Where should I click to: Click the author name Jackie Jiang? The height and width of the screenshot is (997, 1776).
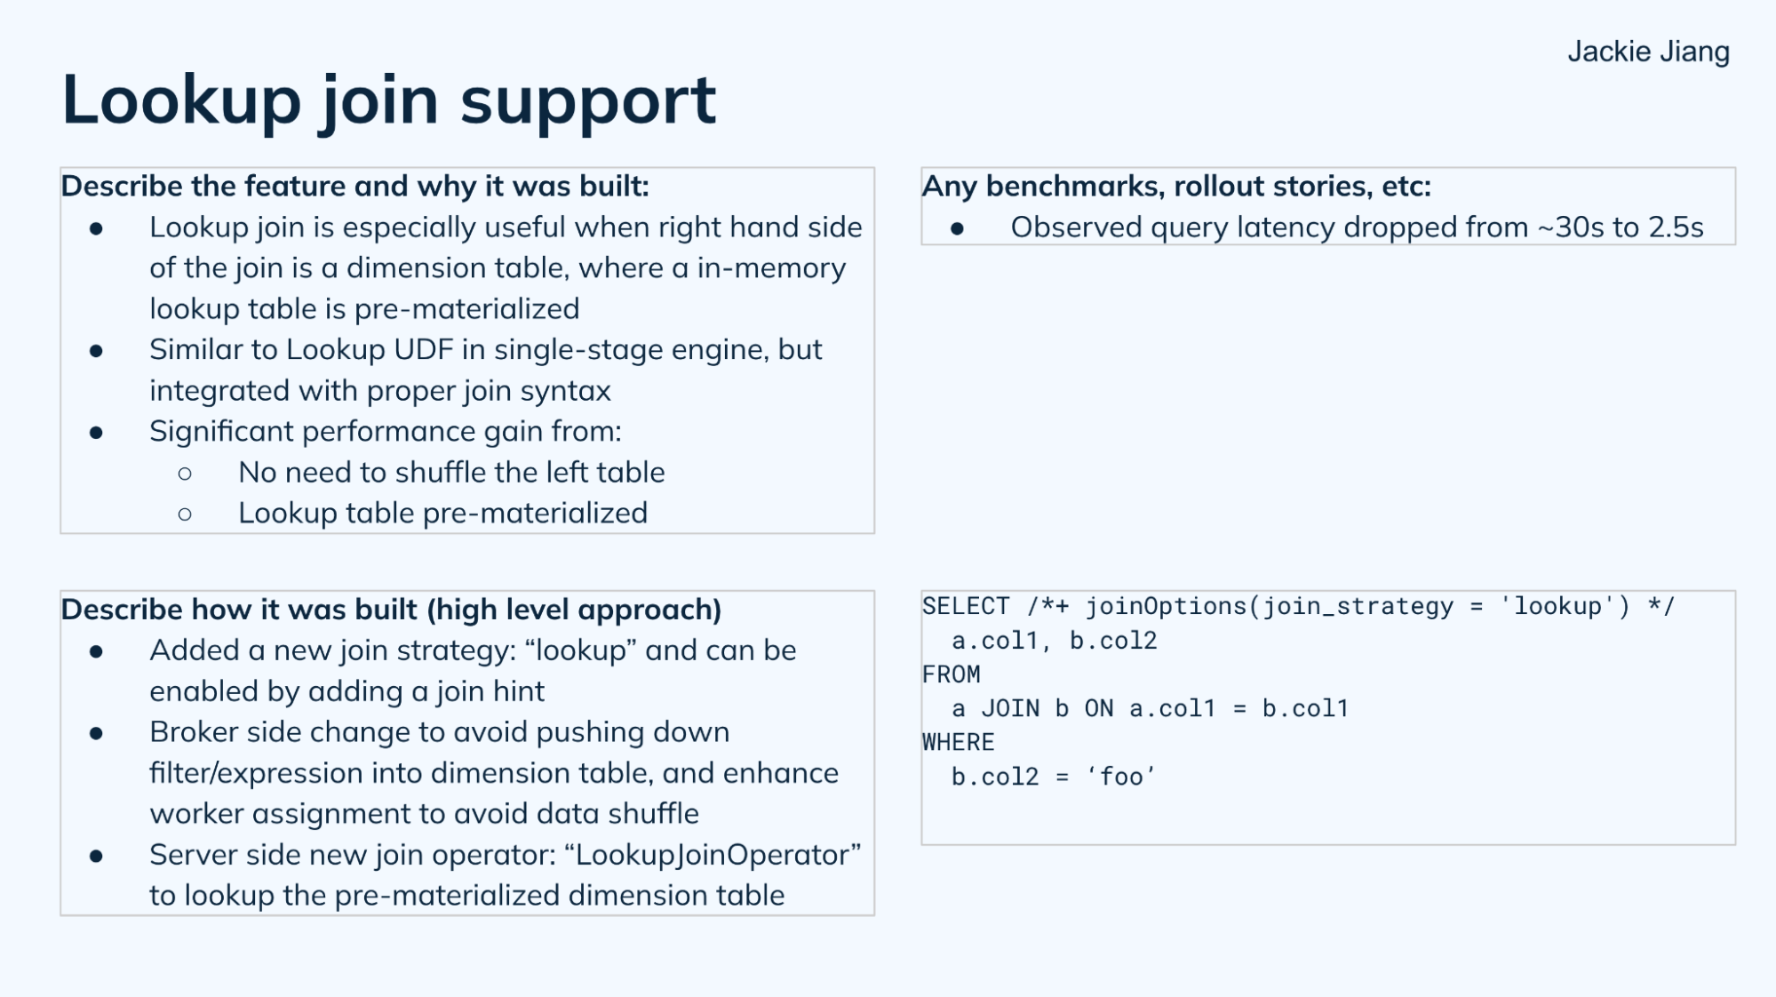1647,52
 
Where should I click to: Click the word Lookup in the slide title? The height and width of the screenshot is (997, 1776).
181,100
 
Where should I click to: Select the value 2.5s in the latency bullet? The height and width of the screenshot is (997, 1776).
1676,227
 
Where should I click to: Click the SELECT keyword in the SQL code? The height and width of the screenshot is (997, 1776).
965,607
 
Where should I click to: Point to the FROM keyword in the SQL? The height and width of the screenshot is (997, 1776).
951,674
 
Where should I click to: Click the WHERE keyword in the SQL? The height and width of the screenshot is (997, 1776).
958,743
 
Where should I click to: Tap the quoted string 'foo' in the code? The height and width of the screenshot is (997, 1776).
1121,777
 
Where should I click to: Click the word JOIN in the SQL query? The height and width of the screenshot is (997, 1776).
1010,709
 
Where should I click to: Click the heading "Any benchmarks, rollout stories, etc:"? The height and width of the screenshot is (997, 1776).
1176,187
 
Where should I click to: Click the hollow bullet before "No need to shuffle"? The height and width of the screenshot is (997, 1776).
185,474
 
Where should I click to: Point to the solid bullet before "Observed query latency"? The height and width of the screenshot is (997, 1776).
957,229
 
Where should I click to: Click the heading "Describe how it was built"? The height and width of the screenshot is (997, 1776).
391,610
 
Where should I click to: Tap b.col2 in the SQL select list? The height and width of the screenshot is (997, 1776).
1112,641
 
